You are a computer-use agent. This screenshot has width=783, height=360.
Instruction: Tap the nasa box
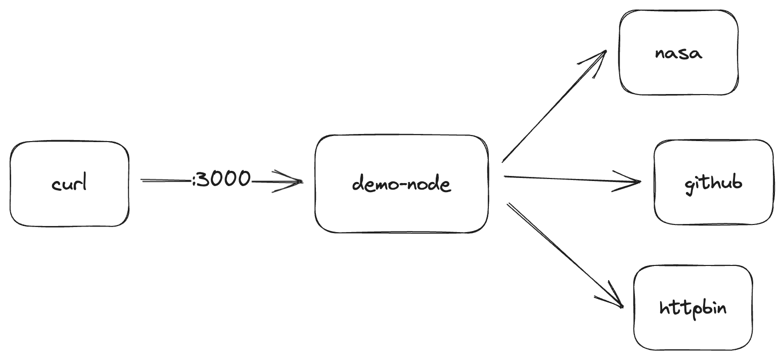[x=678, y=76]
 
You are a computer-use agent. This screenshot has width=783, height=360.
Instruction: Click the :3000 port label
[x=221, y=179]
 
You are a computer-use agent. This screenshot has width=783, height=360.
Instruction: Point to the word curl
[x=69, y=183]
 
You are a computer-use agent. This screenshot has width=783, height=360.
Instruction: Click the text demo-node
[x=401, y=183]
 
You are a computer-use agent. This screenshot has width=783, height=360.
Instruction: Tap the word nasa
[x=678, y=53]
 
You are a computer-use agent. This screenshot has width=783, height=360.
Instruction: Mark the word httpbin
[x=693, y=307]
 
